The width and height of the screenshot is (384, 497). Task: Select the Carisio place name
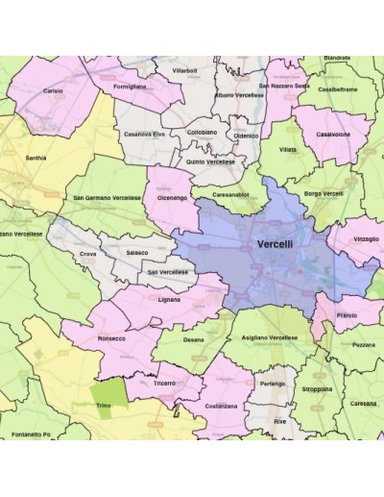pos(54,90)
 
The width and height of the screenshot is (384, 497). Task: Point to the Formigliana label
pos(130,86)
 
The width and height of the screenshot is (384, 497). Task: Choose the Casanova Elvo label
pos(145,134)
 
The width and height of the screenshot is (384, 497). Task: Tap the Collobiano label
pos(204,133)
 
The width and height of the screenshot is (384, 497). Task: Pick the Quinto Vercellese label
pos(211,162)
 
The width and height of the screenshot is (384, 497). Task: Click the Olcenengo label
pos(172,197)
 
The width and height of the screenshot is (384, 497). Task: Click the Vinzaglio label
pos(366,237)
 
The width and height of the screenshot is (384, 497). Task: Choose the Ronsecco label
pos(111,339)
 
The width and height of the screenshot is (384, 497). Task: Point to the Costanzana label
pos(220,406)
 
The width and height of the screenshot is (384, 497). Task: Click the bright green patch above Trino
pos(108,393)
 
